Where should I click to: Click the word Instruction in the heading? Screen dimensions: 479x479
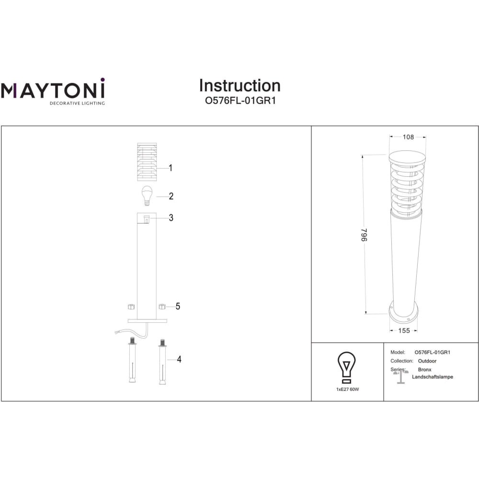point(240,86)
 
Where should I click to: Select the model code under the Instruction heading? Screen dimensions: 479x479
point(240,101)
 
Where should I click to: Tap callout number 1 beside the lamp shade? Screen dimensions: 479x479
point(171,168)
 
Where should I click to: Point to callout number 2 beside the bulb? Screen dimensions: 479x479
point(171,196)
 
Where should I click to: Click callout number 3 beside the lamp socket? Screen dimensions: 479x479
point(171,217)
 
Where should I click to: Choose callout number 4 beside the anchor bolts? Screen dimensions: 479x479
point(179,359)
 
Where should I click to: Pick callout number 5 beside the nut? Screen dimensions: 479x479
point(178,306)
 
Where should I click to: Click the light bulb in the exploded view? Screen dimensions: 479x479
point(147,195)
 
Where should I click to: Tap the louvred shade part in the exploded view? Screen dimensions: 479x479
point(147,161)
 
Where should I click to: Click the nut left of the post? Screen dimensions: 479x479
point(131,307)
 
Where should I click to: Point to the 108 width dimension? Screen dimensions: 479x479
point(408,137)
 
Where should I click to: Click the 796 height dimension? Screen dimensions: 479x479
point(364,235)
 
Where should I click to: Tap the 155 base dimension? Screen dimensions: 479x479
point(404,331)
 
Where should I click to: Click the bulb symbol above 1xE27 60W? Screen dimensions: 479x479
point(346,367)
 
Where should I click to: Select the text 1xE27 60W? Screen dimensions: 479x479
point(347,389)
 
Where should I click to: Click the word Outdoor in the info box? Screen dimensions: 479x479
point(427,361)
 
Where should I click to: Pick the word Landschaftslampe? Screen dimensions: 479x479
point(432,377)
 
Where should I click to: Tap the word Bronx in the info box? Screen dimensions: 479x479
point(424,370)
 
